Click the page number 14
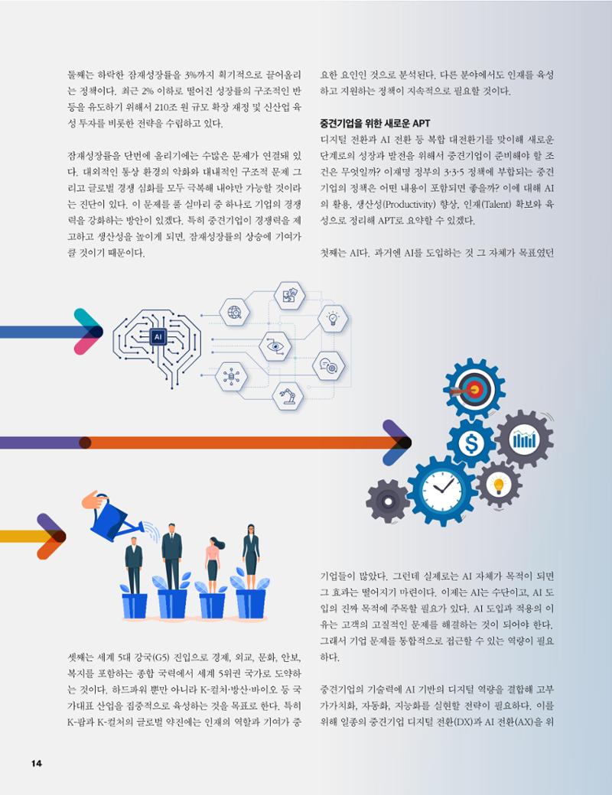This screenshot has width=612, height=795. click(x=37, y=763)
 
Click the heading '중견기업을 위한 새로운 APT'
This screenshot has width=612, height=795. click(x=375, y=123)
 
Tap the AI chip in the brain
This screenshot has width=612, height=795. click(x=158, y=336)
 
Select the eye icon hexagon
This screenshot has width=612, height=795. click(x=275, y=346)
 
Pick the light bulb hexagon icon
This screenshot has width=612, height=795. click(x=333, y=319)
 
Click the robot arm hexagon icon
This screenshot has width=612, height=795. click(x=288, y=397)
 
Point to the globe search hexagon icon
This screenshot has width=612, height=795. click(x=234, y=312)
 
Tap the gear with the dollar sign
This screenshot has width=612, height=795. click(x=471, y=443)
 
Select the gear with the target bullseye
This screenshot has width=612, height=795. click(x=474, y=389)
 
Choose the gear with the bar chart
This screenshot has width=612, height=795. click(x=524, y=439)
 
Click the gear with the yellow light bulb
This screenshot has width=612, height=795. click(x=498, y=484)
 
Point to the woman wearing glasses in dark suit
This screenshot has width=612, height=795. click(x=251, y=556)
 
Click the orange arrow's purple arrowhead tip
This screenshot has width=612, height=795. click(x=411, y=443)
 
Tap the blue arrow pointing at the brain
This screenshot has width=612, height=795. click(x=50, y=332)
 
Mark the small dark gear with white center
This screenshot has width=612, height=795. click(x=388, y=501)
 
